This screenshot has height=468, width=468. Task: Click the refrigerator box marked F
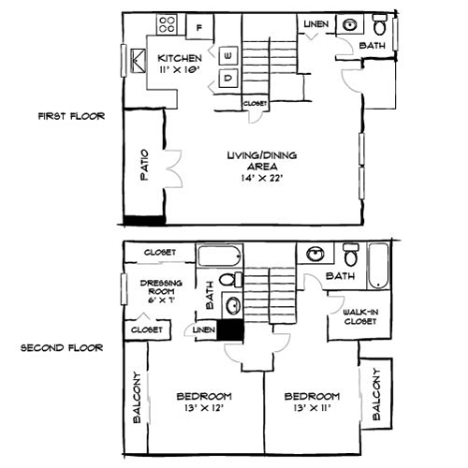198,27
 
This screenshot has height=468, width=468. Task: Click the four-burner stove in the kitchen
168,25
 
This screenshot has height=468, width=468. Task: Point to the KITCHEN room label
180,58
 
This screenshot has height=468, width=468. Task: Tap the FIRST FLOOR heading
71,117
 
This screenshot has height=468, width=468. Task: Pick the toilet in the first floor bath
380,24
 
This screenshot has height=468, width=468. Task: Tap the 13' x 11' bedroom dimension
312,408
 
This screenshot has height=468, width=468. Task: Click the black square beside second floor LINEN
229,329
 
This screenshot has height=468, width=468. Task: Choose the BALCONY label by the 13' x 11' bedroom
378,395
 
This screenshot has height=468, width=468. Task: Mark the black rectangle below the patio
144,220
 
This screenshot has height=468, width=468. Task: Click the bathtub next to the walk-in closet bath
379,266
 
